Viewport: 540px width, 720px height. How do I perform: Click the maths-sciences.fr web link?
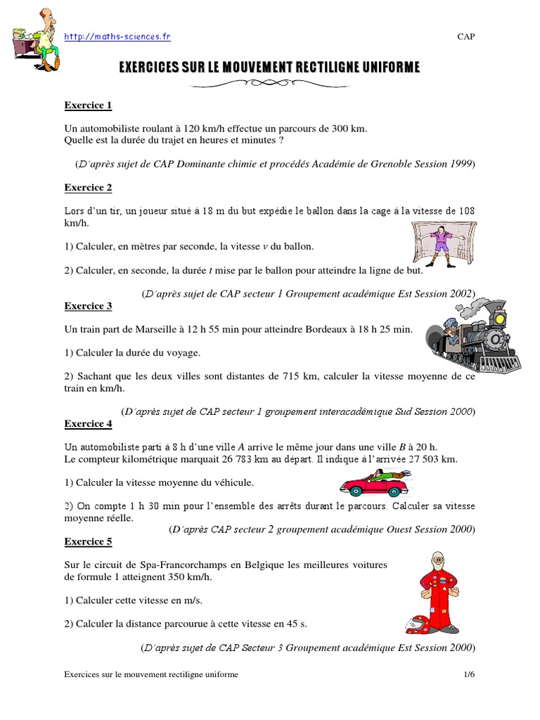pos(117,37)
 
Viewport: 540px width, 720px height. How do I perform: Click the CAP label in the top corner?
pos(465,37)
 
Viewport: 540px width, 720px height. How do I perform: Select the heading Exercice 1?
pos(88,105)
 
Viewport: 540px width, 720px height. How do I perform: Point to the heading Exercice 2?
pos(88,188)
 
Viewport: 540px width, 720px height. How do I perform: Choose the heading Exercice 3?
pos(88,306)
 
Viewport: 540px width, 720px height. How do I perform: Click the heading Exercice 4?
pos(88,424)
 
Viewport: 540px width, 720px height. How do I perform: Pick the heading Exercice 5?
pos(88,542)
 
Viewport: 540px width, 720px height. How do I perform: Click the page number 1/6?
pos(469,674)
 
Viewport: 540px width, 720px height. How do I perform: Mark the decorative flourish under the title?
pos(269,84)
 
